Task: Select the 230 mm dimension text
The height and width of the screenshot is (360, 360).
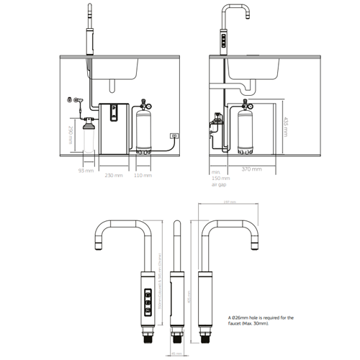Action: click(x=114, y=175)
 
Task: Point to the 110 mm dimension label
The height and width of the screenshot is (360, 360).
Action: click(x=143, y=175)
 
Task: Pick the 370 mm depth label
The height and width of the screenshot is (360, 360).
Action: click(x=251, y=168)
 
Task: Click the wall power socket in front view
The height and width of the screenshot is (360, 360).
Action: click(x=174, y=135)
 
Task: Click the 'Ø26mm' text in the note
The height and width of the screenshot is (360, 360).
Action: click(x=242, y=316)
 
